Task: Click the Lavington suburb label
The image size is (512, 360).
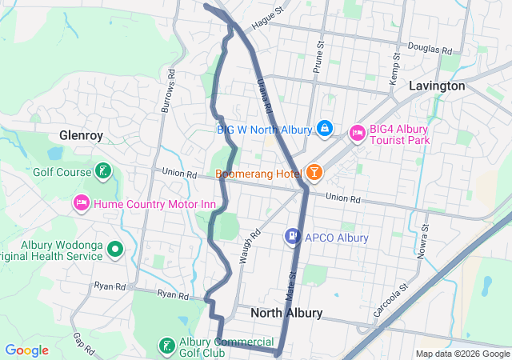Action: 437,86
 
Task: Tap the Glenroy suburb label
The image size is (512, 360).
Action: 81,135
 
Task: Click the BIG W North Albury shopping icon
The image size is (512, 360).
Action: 325,128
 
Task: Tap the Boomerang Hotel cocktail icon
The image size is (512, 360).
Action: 314,173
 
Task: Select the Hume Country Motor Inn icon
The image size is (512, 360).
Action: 81,204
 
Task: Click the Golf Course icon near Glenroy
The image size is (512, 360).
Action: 102,170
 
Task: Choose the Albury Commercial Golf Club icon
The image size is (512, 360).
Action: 166,346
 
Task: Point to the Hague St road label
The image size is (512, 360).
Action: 268,18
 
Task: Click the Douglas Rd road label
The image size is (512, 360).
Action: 430,48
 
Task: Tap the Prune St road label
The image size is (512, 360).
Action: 318,58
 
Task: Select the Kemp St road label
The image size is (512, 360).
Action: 394,72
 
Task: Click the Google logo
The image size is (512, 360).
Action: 27,350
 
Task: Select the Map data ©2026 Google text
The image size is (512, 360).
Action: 462,354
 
